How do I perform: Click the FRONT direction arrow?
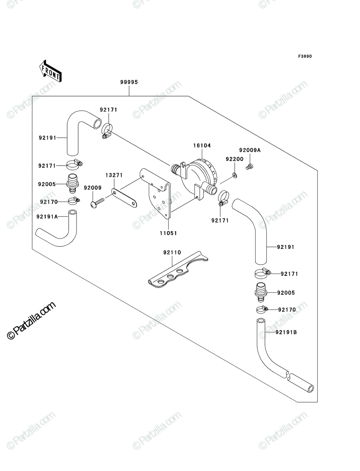click(50, 71)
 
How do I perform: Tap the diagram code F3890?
click(305, 57)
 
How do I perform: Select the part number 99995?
click(129, 82)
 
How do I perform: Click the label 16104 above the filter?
click(202, 146)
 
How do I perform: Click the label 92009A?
click(250, 150)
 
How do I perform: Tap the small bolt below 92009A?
click(249, 166)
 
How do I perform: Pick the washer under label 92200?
click(234, 176)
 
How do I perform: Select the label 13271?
click(114, 175)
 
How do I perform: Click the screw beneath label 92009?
click(97, 203)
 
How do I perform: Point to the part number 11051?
click(168, 233)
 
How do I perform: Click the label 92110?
click(172, 252)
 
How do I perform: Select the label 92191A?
click(47, 217)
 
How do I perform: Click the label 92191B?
click(286, 332)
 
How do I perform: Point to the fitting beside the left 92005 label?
click(73, 184)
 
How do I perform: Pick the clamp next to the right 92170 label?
click(262, 309)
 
